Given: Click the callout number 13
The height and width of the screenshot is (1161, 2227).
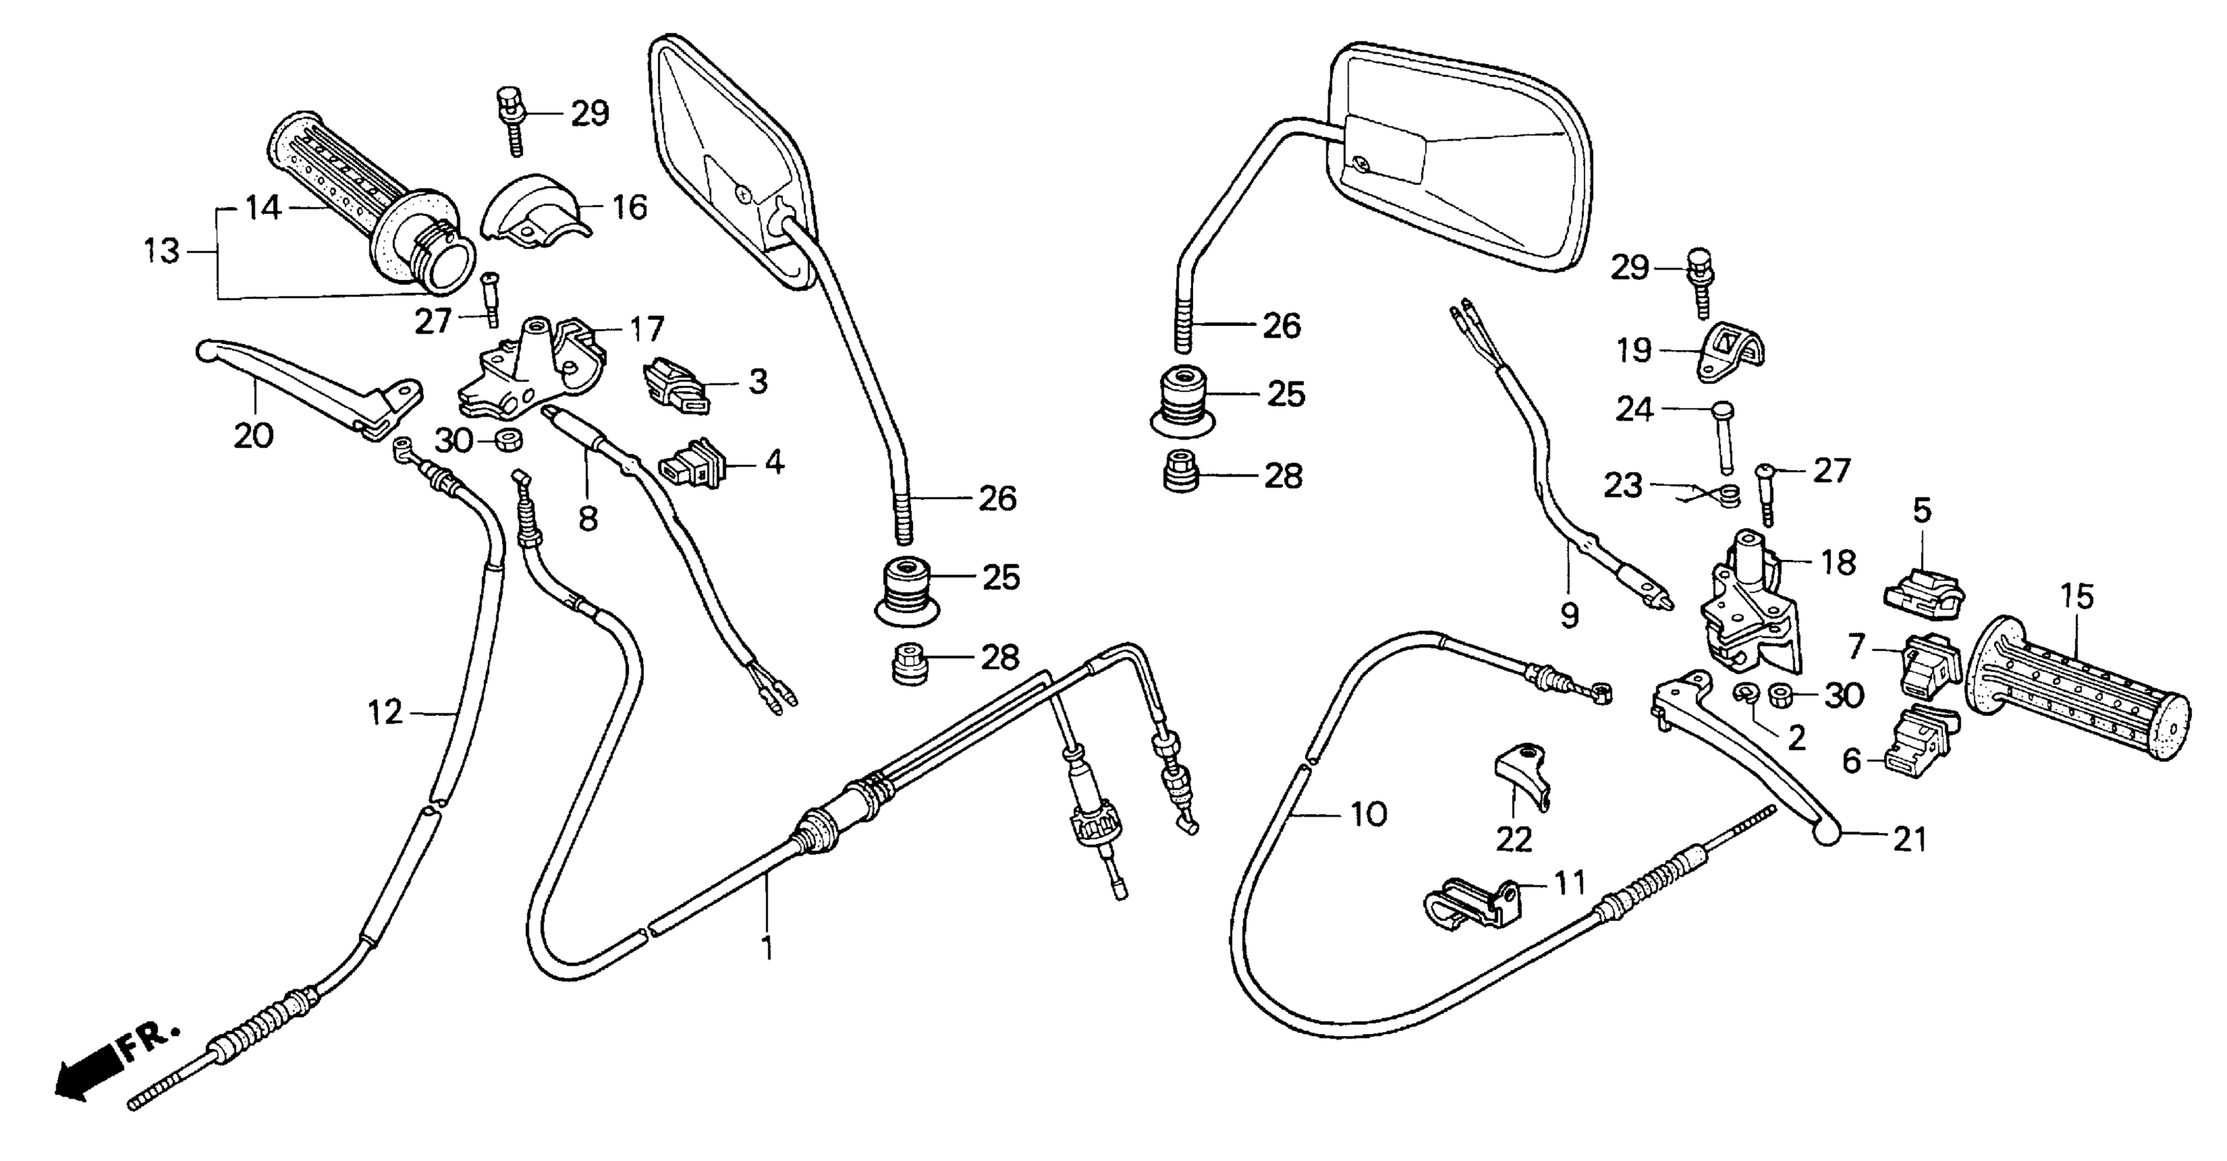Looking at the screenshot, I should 162,251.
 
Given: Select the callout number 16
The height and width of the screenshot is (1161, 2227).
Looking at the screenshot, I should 630,208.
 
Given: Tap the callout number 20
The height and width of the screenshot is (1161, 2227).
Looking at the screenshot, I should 253,435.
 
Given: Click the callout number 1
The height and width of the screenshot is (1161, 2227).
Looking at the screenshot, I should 766,949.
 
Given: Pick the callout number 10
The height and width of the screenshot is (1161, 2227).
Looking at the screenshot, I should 1369,813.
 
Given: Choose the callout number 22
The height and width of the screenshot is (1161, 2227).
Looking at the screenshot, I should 1513,839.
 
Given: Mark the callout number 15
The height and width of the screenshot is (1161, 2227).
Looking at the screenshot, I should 2077,596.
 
